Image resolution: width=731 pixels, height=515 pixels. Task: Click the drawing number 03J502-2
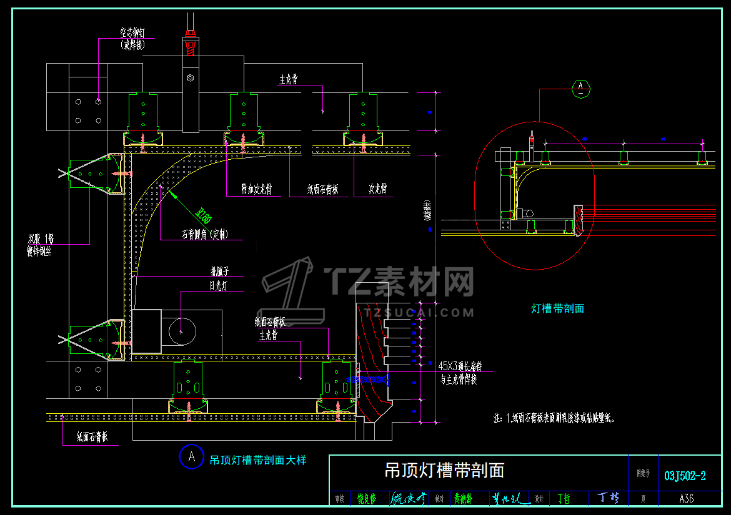coord(685,476)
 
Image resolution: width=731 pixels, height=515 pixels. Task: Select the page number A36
coord(685,499)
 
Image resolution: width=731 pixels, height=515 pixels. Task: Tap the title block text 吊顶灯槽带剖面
coord(444,470)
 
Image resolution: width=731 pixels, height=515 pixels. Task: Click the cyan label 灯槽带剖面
coord(557,308)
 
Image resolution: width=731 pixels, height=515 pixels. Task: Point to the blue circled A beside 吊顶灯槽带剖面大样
coord(191,457)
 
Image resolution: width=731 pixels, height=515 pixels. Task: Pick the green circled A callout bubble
coord(581,88)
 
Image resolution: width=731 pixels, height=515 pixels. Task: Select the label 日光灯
coord(219,286)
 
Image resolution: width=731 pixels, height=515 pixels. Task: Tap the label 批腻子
coord(219,272)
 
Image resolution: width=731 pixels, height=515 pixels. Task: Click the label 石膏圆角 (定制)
coord(204,235)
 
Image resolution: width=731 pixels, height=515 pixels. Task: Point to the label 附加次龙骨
coord(257,189)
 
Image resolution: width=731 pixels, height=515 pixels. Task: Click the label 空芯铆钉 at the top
coord(132,31)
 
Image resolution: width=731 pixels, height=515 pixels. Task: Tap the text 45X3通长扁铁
coord(460,366)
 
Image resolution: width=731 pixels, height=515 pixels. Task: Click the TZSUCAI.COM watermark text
coord(420,312)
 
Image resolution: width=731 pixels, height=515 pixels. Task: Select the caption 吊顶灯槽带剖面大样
coord(258,461)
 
